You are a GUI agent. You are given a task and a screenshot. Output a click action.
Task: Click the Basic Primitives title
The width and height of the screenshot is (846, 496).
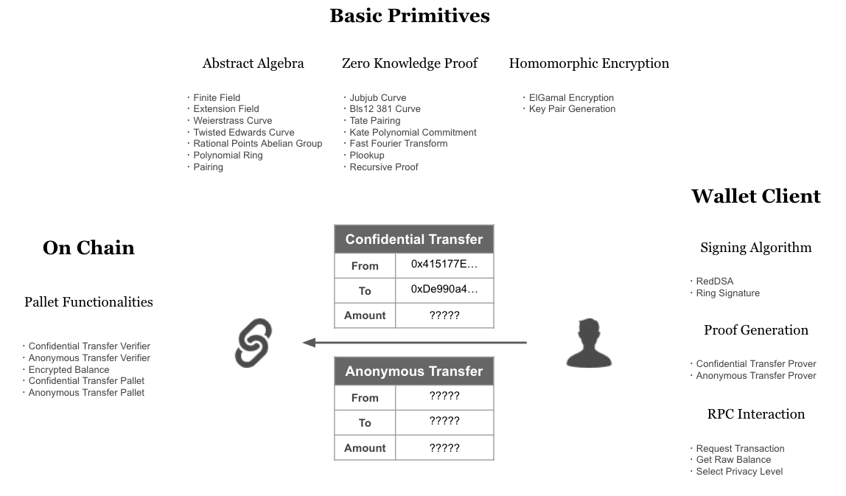pyautogui.click(x=409, y=15)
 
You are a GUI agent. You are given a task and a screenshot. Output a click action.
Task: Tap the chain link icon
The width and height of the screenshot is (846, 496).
pyautogui.click(x=254, y=343)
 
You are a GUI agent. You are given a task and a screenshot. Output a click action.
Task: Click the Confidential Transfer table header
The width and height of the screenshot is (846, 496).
pyautogui.click(x=413, y=240)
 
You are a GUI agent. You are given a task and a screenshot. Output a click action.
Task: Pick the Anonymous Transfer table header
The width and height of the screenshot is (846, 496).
pyautogui.click(x=413, y=371)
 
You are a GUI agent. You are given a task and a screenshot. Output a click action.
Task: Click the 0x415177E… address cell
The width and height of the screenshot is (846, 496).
pyautogui.click(x=444, y=264)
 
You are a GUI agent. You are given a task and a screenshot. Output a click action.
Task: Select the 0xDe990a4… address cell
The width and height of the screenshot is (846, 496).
pyautogui.click(x=444, y=290)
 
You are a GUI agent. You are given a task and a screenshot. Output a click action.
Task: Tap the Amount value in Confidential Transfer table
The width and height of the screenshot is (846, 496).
pyautogui.click(x=444, y=315)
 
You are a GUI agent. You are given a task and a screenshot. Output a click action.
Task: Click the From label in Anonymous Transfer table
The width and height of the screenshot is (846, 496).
pyautogui.click(x=365, y=398)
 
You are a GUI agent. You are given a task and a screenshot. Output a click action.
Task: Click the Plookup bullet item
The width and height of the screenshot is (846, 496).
pyautogui.click(x=367, y=156)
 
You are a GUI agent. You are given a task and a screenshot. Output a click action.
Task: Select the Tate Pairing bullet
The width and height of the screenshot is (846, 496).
pyautogui.click(x=375, y=121)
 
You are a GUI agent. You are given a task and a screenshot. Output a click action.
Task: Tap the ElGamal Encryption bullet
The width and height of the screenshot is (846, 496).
pyautogui.click(x=571, y=97)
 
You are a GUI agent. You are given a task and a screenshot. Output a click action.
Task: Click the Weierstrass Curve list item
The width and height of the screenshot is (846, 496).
pyautogui.click(x=233, y=121)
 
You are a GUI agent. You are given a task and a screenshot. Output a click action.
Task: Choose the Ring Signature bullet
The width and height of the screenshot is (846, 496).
pyautogui.click(x=728, y=293)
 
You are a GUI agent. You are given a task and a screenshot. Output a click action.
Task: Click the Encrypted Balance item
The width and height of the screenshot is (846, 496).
pyautogui.click(x=69, y=370)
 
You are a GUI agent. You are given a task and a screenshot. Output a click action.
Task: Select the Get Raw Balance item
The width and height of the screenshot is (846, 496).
pyautogui.click(x=733, y=460)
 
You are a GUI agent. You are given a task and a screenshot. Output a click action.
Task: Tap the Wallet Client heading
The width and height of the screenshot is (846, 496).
pyautogui.click(x=755, y=197)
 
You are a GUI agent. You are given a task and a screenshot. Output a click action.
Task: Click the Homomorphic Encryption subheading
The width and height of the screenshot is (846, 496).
pyautogui.click(x=589, y=63)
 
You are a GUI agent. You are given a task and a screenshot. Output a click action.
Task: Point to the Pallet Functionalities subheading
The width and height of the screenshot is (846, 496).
pyautogui.click(x=88, y=302)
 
